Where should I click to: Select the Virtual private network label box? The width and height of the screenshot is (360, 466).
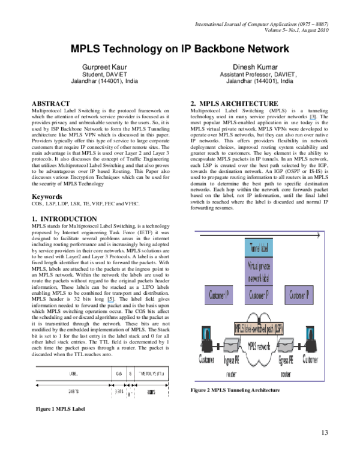(259, 271)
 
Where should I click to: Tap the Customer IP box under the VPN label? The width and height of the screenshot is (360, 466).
(259, 295)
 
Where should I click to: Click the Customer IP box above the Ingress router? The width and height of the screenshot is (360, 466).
(218, 295)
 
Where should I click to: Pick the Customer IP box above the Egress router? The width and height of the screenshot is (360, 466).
(299, 295)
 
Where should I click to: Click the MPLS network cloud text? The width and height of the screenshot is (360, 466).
(259, 347)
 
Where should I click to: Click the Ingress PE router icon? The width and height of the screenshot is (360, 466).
(232, 346)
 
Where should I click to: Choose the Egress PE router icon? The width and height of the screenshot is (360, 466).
(286, 346)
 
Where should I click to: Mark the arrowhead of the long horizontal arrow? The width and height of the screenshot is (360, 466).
(317, 235)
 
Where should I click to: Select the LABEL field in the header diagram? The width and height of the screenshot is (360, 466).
(72, 374)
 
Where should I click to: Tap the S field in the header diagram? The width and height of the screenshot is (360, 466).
(130, 374)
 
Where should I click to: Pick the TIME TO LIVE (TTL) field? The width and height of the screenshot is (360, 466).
(151, 374)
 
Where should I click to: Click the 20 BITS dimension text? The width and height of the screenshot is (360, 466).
(72, 390)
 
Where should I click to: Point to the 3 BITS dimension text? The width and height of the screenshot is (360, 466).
(118, 390)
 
